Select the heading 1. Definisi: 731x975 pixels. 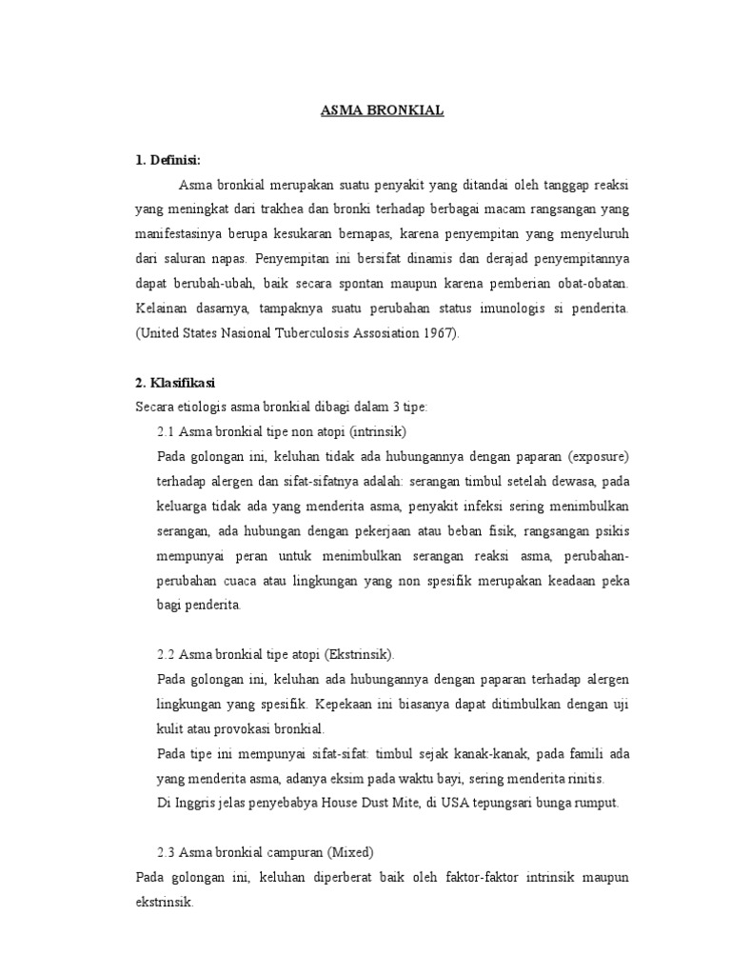pos(168,159)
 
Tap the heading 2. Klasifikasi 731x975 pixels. pos(176,383)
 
